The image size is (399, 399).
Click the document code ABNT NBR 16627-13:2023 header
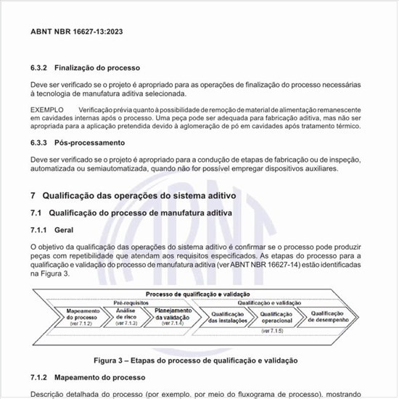tap(76, 32)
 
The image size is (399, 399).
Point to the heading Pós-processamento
tap(89, 143)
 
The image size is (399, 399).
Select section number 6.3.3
tap(39, 143)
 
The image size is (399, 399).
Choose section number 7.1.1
tap(39, 229)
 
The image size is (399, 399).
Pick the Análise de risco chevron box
tap(126, 316)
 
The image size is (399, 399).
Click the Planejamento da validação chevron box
tap(171, 316)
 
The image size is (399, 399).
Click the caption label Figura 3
tap(115, 360)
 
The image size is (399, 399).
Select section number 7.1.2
tap(39, 378)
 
